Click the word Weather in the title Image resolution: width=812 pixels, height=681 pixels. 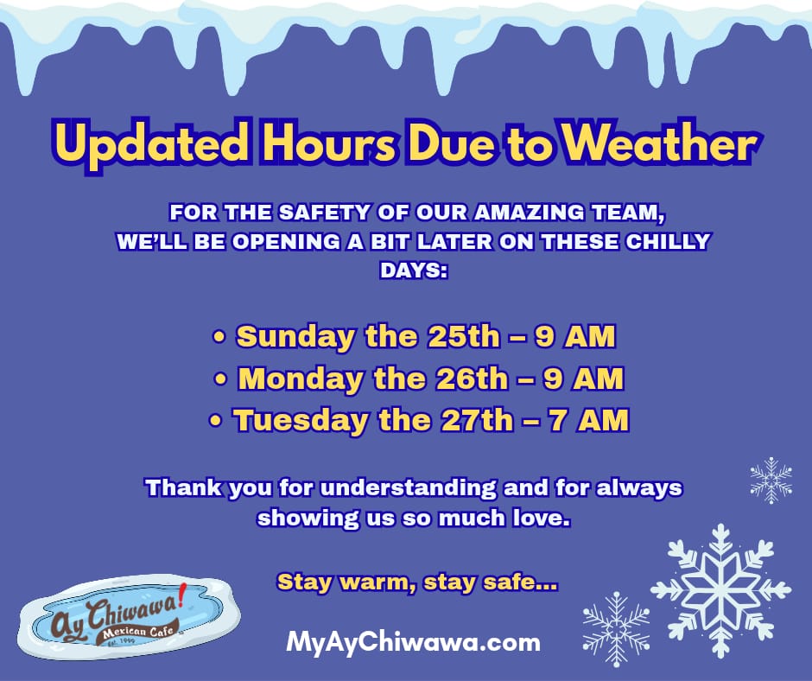click(659, 143)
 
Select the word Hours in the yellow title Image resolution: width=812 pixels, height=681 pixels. click(331, 143)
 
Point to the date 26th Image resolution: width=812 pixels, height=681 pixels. click(472, 379)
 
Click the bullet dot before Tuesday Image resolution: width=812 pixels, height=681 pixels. click(215, 420)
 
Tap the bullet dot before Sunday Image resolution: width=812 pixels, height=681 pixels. click(219, 337)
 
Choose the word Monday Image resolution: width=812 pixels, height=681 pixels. click(301, 379)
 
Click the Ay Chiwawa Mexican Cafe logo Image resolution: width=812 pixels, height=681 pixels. click(129, 616)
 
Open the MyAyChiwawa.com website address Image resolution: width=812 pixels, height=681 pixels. click(413, 643)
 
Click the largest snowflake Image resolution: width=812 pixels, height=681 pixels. click(720, 591)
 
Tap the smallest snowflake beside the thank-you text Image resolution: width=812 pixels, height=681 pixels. click(771, 481)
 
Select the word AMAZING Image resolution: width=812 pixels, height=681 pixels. click(529, 213)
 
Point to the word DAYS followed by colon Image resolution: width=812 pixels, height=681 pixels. click(414, 270)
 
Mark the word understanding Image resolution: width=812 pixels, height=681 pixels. click(408, 489)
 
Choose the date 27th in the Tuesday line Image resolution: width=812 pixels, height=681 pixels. click(477, 420)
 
